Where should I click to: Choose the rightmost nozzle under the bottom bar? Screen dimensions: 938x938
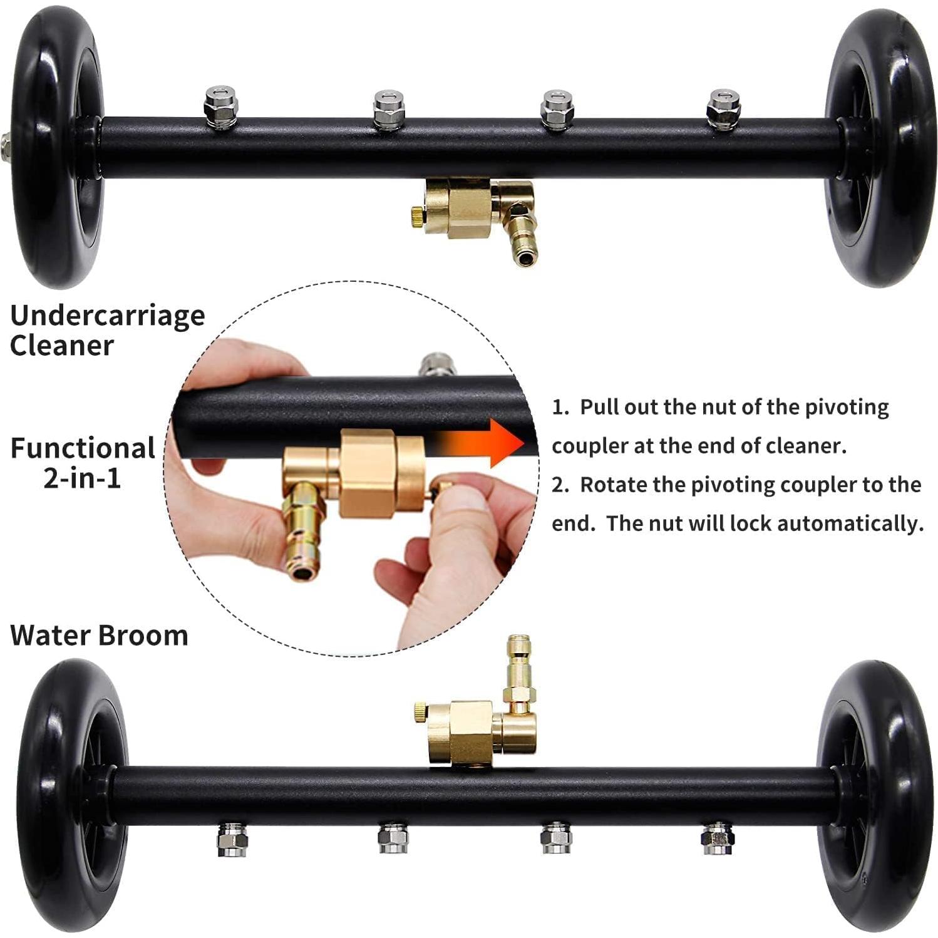click(x=718, y=839)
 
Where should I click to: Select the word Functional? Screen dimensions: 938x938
click(x=83, y=448)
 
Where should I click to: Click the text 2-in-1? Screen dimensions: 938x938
click(x=82, y=479)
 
